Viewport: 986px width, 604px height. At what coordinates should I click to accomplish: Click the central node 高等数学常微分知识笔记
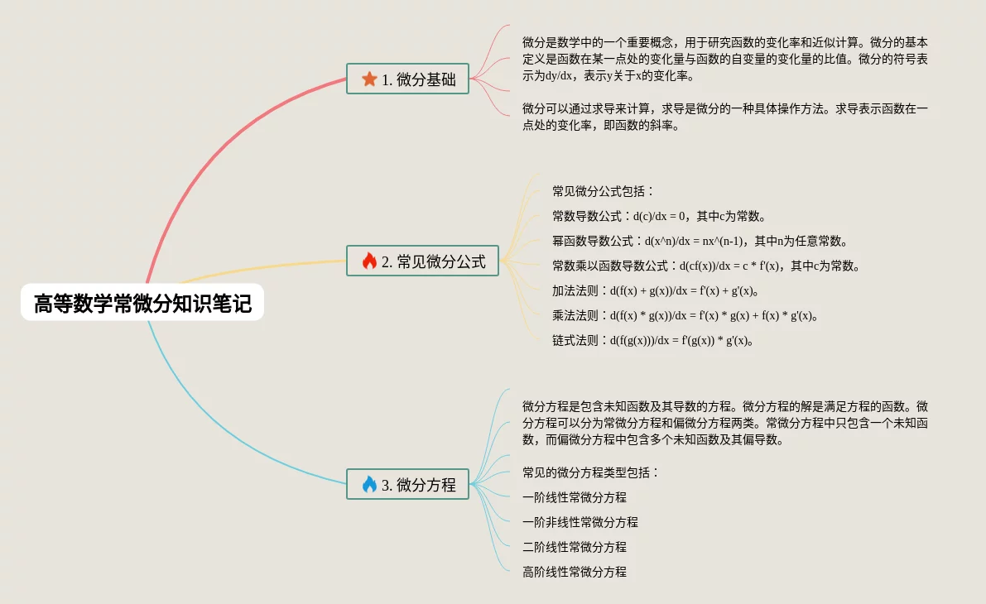[x=142, y=304]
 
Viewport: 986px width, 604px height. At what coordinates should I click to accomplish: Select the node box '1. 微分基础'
[x=406, y=79]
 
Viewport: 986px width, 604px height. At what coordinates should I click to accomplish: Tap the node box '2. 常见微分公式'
[x=422, y=261]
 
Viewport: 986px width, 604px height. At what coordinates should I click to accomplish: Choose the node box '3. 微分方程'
[x=406, y=485]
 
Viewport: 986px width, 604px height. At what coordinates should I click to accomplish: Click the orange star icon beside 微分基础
[x=369, y=79]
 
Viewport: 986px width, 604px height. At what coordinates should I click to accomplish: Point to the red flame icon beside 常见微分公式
[x=369, y=261]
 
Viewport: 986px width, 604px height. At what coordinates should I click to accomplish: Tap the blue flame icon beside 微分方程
[x=369, y=485]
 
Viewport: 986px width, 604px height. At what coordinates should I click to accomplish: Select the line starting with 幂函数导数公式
[x=700, y=242]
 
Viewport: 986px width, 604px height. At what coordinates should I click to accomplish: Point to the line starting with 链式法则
[x=654, y=340]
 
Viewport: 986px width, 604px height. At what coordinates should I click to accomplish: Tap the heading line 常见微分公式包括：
[x=604, y=192]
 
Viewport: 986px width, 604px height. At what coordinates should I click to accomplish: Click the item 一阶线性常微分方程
[x=575, y=497]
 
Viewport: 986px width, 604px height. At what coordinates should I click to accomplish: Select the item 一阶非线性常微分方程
[x=580, y=522]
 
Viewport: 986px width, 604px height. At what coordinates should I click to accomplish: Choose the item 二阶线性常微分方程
[x=575, y=547]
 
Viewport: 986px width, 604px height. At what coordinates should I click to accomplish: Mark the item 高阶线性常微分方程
[x=575, y=572]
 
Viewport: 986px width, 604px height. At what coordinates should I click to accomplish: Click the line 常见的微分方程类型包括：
[x=591, y=472]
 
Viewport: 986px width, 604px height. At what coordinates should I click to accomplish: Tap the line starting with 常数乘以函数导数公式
[x=709, y=266]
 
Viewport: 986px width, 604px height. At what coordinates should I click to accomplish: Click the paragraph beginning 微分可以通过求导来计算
[x=725, y=117]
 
